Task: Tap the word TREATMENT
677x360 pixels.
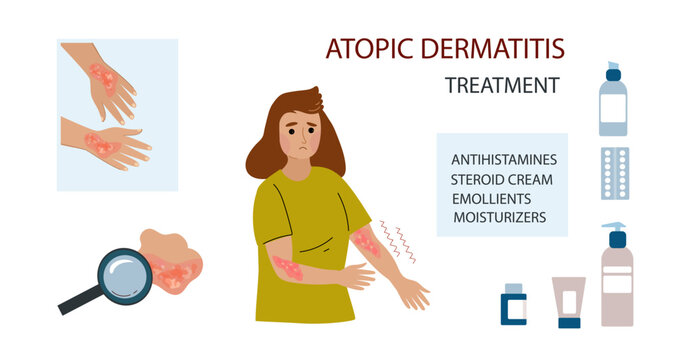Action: point(501,86)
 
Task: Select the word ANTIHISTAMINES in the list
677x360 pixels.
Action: point(504,159)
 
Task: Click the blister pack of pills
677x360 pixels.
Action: point(614,172)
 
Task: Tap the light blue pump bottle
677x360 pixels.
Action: point(612,102)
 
